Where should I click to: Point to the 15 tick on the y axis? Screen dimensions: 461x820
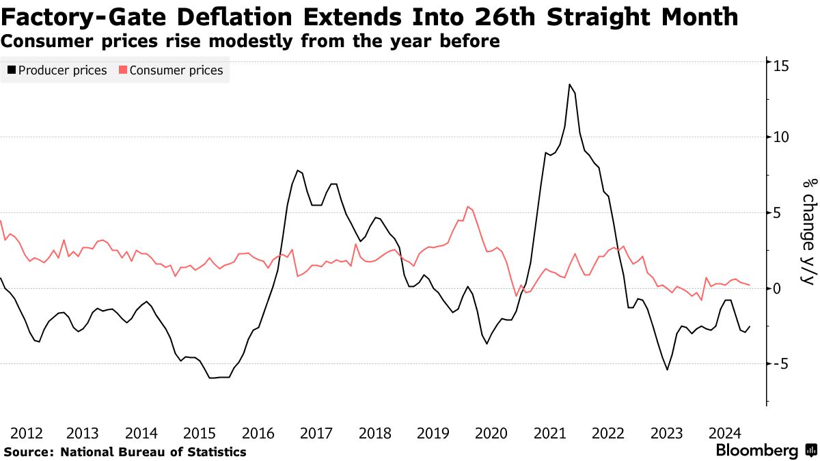coord(781,66)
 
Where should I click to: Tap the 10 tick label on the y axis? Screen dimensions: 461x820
coord(781,137)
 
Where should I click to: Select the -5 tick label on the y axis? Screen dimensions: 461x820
coord(781,364)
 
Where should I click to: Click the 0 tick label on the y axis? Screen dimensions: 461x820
coord(778,288)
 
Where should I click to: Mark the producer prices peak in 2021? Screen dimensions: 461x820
coord(569,84)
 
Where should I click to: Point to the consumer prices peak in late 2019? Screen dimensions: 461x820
coord(468,206)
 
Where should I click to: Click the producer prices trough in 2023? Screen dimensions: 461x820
coord(667,370)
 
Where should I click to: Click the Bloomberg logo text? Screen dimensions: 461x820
coord(756,451)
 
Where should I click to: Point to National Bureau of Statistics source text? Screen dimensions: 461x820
coord(153,451)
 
